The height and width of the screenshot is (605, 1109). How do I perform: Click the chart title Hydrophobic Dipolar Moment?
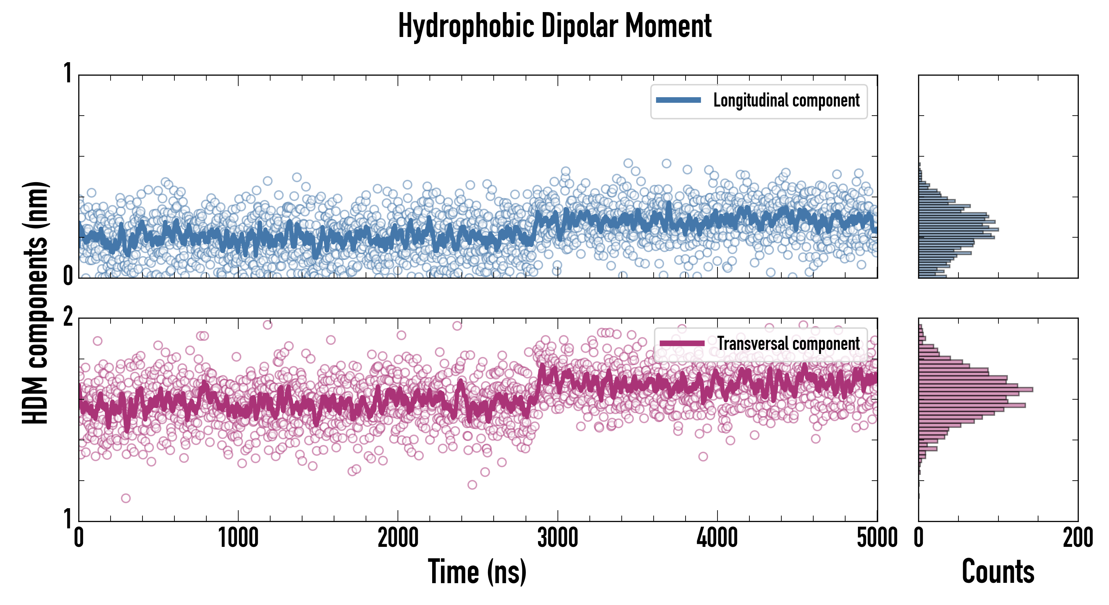point(554,26)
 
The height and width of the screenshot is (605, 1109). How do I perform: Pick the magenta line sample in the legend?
point(682,344)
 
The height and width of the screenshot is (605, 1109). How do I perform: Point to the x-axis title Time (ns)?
point(477,571)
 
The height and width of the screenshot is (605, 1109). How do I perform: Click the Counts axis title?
point(998,571)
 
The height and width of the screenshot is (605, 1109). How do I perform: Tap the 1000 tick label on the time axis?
point(238,538)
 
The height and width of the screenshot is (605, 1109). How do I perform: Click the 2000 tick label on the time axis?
point(398,538)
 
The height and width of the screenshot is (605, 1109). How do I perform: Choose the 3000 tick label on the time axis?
point(558,538)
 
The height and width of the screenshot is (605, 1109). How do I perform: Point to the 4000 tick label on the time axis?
point(717,538)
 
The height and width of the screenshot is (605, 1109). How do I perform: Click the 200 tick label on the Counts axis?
point(1077,538)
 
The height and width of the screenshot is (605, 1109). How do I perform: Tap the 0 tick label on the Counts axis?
point(919,538)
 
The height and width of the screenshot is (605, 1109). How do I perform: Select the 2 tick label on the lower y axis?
point(68,318)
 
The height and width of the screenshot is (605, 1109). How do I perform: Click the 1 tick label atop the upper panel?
point(68,73)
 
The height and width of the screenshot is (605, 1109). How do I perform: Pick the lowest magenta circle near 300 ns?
point(126,498)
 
